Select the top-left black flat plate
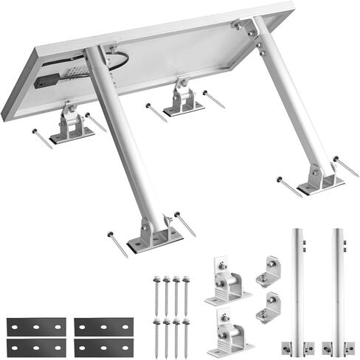tap(36, 325)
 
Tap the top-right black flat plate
tap(103, 325)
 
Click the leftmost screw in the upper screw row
tap(156, 291)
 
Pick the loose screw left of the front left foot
tap(117, 243)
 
